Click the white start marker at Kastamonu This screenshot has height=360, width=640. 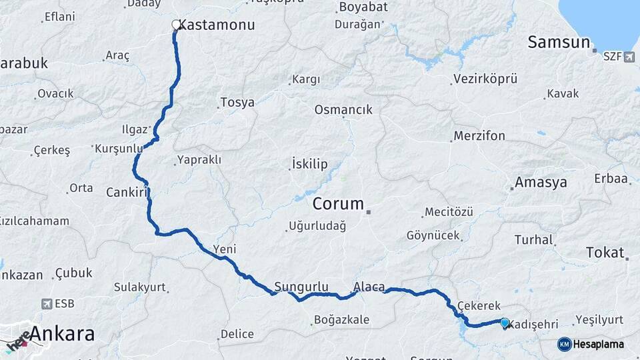[176, 25]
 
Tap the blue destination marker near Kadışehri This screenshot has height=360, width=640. [505, 323]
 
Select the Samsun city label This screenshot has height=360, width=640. [559, 43]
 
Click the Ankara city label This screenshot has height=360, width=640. [62, 334]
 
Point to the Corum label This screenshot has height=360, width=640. [338, 204]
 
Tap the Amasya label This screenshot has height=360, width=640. [541, 182]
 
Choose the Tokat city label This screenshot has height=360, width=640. [605, 253]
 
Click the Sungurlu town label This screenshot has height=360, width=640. [301, 287]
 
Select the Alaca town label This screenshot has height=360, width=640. [369, 287]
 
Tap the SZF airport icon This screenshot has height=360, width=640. [629, 57]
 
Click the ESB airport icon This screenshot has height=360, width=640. [46, 304]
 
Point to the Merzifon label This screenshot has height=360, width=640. [479, 136]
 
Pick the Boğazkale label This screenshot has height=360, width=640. [341, 320]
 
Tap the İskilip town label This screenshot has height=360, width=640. [309, 164]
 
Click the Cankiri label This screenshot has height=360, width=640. [127, 193]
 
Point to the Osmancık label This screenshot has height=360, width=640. [343, 110]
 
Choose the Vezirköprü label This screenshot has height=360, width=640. [485, 79]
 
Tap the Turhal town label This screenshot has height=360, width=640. [533, 239]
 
